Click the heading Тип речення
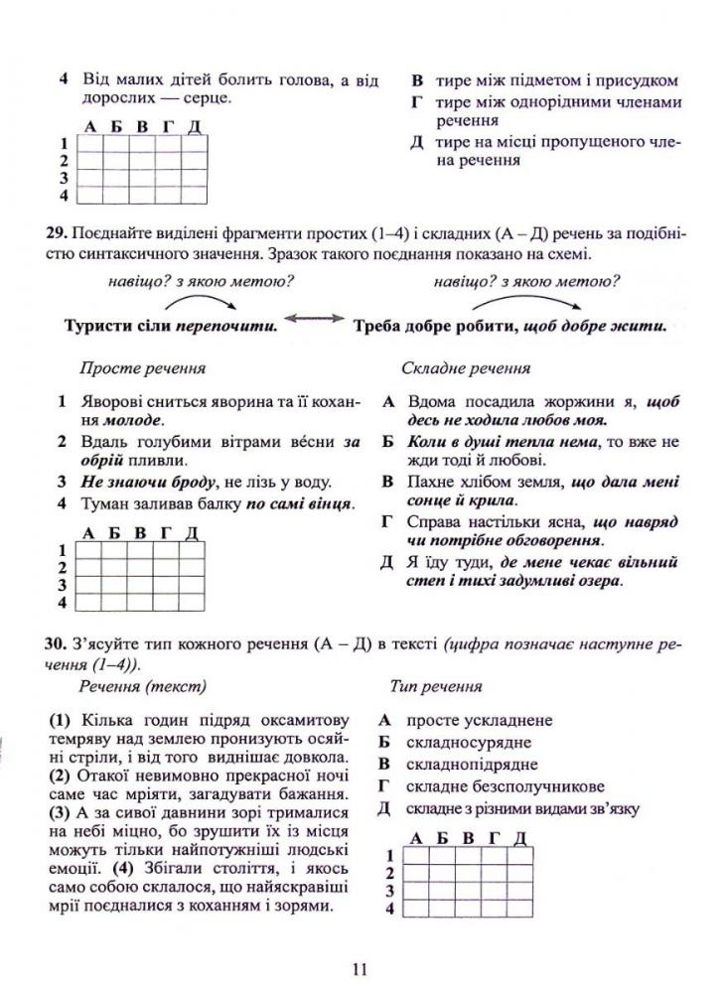[x=437, y=686]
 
